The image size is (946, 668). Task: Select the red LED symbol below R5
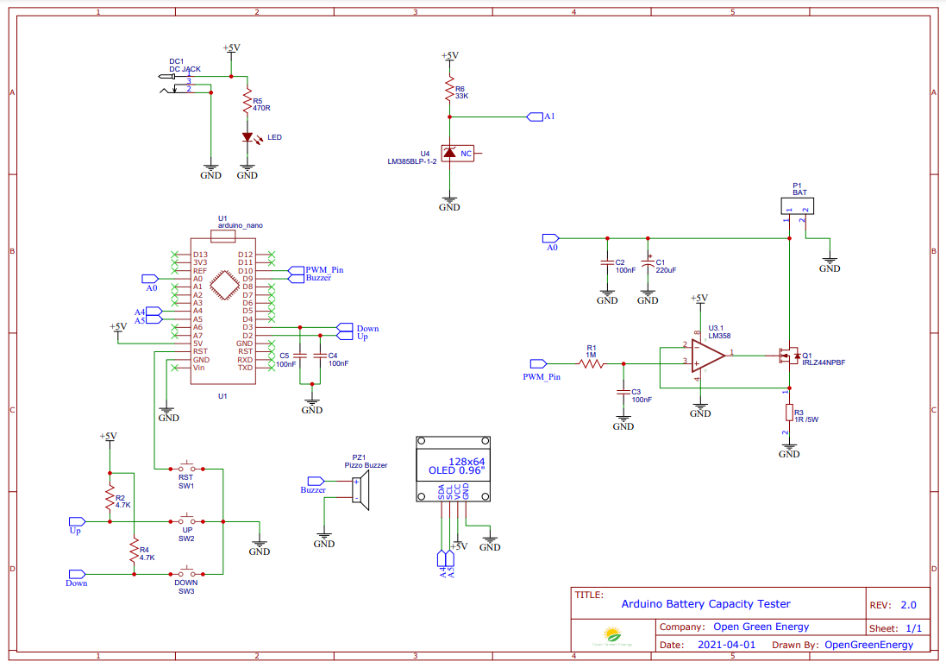tap(247, 136)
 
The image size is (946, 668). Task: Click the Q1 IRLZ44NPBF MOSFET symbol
tap(786, 355)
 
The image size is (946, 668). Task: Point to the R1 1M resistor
tap(592, 364)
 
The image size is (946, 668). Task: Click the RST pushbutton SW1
tap(186, 469)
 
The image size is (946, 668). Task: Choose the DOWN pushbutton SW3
tap(186, 572)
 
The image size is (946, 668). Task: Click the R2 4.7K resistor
tap(110, 499)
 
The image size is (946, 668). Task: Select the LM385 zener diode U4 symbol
tap(448, 154)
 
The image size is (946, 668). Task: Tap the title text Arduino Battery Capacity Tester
tap(705, 604)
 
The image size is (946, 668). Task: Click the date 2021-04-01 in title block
tap(725, 644)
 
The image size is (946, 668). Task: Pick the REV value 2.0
tap(908, 605)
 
